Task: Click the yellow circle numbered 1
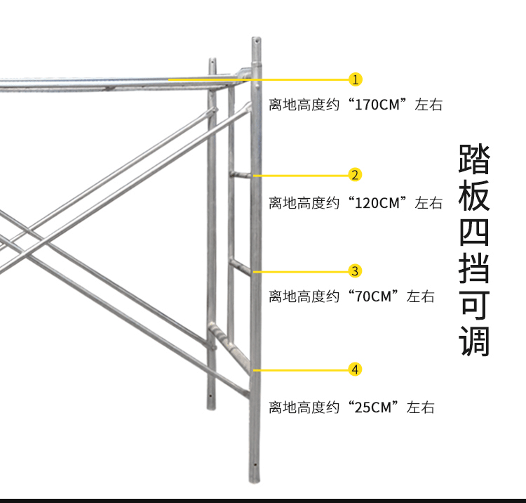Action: tap(356, 79)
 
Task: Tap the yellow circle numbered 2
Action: tap(355, 175)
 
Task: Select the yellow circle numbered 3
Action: tap(355, 271)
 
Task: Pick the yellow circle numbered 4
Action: tap(355, 370)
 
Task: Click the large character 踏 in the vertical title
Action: tap(474, 159)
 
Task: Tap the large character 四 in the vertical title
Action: tap(474, 233)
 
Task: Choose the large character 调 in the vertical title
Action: tap(474, 341)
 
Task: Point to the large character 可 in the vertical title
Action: tap(474, 305)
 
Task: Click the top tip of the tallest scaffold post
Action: tap(257, 38)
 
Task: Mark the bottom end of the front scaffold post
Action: tap(255, 482)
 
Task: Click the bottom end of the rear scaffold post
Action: tap(211, 409)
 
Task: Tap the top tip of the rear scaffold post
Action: tap(213, 59)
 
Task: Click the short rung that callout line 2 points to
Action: tap(240, 175)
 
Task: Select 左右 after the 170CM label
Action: tap(429, 105)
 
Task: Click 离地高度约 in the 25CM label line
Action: tap(304, 407)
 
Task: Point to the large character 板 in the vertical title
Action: tap(474, 195)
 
